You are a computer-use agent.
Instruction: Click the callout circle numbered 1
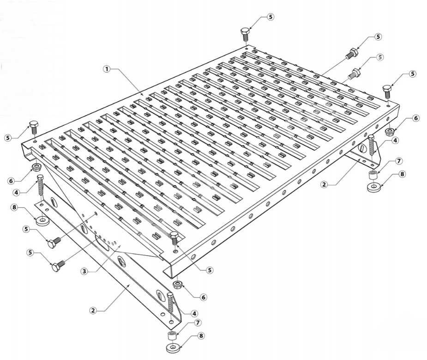107,69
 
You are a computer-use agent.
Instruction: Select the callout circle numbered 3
84,271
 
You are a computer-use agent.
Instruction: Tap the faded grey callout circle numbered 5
380,57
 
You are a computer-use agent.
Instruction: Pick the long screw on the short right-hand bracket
371,145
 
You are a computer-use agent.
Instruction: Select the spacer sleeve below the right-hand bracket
372,175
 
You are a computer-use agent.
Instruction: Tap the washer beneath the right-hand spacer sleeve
374,187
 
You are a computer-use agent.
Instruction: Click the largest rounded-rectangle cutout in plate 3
102,244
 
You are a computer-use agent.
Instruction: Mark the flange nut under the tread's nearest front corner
178,285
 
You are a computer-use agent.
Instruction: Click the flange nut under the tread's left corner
37,167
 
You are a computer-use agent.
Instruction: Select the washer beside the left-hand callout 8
43,220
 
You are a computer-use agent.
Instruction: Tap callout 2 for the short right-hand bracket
324,184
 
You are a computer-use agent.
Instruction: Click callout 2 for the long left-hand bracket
93,310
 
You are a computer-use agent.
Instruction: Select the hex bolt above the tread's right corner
387,92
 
